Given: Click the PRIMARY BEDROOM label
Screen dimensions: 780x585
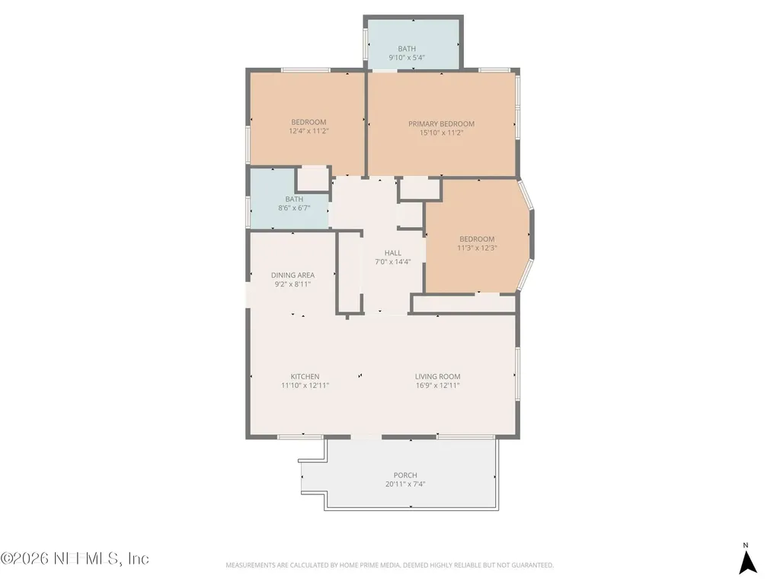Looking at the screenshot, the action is [x=441, y=124].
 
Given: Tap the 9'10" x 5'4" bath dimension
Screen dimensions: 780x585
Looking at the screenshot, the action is [x=407, y=58].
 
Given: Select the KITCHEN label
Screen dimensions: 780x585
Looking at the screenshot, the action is [x=305, y=376].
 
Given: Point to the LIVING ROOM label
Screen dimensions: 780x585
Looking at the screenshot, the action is [x=438, y=376].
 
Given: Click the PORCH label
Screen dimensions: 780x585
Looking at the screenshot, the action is [x=405, y=475].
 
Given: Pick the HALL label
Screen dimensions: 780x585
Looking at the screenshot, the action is [x=393, y=253].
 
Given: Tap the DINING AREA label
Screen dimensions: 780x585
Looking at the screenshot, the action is [x=292, y=275].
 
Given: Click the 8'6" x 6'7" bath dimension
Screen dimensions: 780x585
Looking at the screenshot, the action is [x=294, y=208].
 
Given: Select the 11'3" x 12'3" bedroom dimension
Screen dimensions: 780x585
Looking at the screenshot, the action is [x=477, y=248].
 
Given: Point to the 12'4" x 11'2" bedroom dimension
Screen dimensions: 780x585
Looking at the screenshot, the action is [x=309, y=131].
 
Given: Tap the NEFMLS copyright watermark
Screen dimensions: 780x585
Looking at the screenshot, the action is [x=75, y=558].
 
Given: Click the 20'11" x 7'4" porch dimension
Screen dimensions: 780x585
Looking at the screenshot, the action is [x=405, y=484].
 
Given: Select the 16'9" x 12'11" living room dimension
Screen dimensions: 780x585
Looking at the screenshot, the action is [x=438, y=385].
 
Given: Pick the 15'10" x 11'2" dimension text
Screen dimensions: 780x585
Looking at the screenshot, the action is [x=441, y=133].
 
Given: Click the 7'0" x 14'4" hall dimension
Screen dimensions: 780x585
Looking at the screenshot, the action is [x=393, y=262].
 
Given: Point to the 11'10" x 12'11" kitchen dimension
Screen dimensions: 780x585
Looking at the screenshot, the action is [x=305, y=385].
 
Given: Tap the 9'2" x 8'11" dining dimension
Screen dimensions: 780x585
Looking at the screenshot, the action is [x=292, y=285].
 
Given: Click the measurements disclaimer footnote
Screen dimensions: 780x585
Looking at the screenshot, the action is [x=389, y=565].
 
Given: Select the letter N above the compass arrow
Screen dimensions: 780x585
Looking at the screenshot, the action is [x=746, y=545].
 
